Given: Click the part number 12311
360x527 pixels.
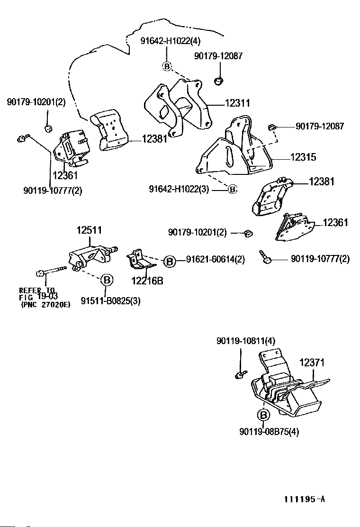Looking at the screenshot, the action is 237,103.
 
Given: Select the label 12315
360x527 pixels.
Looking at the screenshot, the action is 303,157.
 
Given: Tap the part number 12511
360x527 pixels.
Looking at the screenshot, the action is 90,230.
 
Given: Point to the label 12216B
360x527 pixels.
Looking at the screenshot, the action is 147,280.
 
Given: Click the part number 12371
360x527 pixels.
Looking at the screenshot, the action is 312,363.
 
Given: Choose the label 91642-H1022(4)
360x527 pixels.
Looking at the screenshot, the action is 170,41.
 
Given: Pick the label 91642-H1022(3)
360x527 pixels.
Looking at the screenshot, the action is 179,189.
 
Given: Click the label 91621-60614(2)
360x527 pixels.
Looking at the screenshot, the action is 216,259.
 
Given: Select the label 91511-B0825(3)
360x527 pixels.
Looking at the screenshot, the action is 111,300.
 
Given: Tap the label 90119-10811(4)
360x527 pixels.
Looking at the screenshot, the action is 246,341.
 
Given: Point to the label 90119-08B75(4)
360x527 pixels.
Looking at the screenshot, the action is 270,431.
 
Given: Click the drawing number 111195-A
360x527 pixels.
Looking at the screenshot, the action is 305,499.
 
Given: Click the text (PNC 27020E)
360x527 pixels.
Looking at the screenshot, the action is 45,305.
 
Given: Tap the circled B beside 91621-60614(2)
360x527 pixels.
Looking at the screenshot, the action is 170,262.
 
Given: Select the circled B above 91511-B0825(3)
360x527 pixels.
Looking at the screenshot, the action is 107,280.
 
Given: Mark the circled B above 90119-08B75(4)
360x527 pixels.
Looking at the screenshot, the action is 263,415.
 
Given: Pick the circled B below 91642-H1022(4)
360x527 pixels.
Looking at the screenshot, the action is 167,66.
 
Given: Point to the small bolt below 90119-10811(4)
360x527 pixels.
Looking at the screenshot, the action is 241,374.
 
